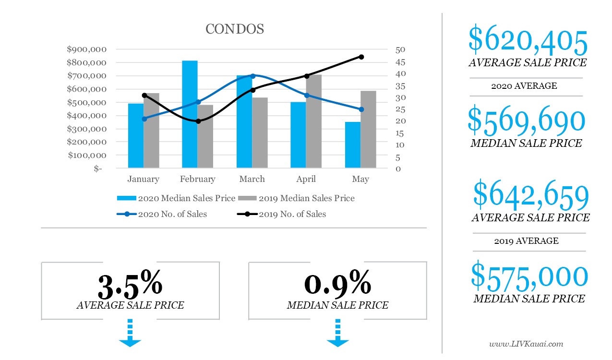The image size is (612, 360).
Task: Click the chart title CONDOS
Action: pos(235,29)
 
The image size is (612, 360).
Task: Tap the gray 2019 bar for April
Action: pos(313,121)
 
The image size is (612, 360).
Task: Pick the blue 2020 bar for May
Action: pos(353,144)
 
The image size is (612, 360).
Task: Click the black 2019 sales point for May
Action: pos(361,57)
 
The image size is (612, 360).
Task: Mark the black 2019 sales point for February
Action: pos(198,121)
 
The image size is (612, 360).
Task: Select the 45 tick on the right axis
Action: pos(400,62)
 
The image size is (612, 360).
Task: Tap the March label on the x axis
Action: pos(252,179)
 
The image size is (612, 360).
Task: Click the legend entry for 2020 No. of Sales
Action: pos(162,214)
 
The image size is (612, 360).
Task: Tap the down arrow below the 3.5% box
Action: pos(130,334)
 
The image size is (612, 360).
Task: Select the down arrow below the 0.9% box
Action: pos(337,334)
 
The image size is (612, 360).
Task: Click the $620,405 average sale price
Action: pos(528,42)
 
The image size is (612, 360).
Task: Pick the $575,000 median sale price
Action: pos(529,276)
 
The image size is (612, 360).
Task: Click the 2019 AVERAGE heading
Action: pos(526,241)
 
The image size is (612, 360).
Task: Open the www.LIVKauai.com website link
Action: pos(526,344)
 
